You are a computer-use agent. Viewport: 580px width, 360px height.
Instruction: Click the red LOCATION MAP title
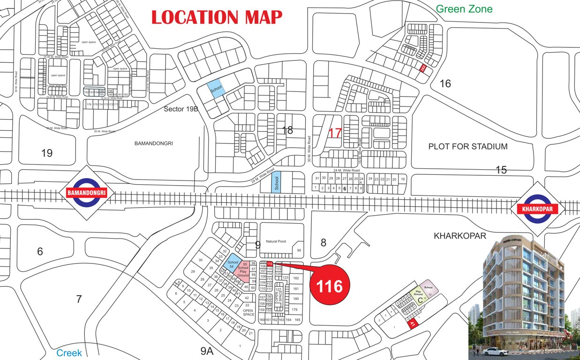point(217,17)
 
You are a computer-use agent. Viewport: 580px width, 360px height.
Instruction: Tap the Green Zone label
point(464,8)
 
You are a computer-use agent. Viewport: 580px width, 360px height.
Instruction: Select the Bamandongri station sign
point(84,193)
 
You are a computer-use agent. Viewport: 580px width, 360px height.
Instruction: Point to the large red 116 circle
point(330,285)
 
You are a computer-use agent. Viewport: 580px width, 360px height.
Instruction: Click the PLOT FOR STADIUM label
point(467,147)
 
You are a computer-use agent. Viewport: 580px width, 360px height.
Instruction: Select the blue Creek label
point(69,353)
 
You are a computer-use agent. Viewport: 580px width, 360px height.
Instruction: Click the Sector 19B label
point(181,109)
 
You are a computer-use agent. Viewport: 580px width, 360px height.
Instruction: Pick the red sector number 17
point(335,133)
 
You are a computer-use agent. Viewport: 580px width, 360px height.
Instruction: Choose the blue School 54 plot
point(233,265)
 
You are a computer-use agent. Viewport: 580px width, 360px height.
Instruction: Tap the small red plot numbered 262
point(423,68)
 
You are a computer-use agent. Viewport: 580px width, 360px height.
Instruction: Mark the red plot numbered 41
point(413,323)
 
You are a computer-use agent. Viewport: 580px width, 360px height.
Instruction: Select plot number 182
point(295,278)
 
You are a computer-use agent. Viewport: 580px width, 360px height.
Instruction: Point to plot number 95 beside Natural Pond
point(299,251)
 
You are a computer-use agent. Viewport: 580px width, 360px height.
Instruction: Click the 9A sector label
point(207,350)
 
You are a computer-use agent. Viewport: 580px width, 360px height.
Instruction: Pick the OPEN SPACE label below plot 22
point(248,312)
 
